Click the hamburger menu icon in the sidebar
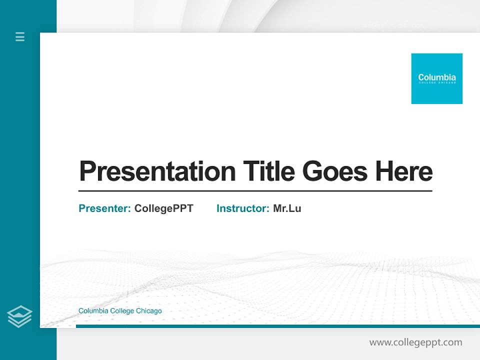20,36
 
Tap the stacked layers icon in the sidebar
19,316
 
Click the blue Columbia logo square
436,78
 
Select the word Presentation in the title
157,171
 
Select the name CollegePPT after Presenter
163,208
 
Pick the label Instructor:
243,208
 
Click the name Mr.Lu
287,208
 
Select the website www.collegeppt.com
415,342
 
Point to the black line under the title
255,190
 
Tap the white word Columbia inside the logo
437,77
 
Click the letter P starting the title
87,171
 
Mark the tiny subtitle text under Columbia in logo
437,83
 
